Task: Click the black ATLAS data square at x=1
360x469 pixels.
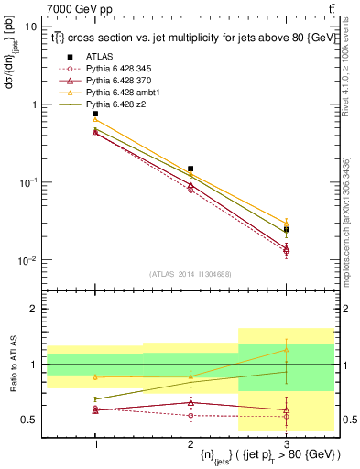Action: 95,114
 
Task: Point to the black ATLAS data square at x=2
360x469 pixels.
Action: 191,169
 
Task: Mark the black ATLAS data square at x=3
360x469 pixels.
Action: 286,229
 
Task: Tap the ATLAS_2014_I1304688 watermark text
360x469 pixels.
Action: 191,273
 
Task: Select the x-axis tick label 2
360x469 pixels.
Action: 191,442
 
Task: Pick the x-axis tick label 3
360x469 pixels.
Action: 286,442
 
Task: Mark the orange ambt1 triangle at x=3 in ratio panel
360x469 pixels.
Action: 286,349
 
